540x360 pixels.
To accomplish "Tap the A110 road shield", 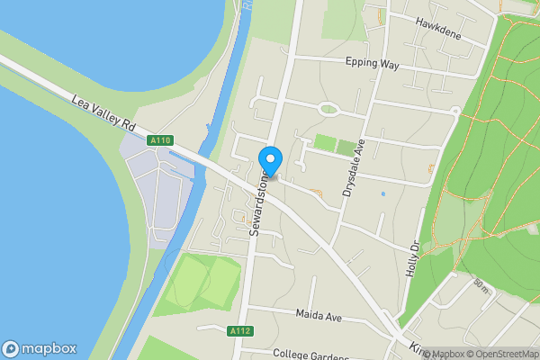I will (x=161, y=140).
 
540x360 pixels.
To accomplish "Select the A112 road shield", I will (x=239, y=331).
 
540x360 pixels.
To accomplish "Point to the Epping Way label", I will (x=372, y=64).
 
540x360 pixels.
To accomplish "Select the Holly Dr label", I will (x=414, y=258).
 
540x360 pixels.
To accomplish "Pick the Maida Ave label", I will (x=319, y=315).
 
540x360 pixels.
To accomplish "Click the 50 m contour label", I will (x=481, y=286).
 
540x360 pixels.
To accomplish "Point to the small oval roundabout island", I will (x=328, y=110).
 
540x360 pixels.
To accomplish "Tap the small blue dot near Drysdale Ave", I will (x=382, y=193).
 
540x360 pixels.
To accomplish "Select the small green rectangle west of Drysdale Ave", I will (x=323, y=143).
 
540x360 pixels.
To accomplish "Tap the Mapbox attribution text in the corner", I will (x=445, y=354).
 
